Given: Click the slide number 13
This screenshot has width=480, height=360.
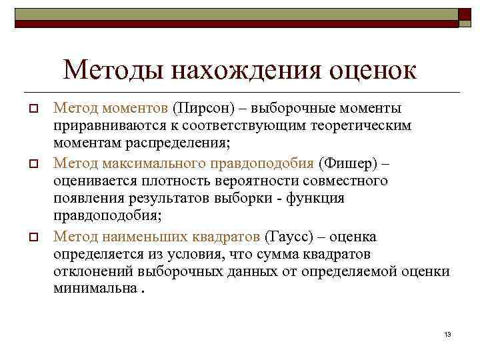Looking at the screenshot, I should (x=447, y=333).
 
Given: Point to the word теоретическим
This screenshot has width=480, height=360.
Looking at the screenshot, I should (x=372, y=125).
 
